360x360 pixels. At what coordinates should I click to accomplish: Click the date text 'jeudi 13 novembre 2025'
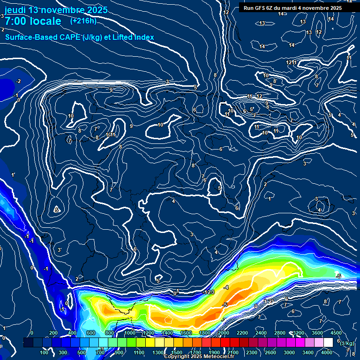point(56,10)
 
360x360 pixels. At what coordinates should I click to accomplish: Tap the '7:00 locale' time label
point(33,21)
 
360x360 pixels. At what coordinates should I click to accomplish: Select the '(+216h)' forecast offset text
point(83,21)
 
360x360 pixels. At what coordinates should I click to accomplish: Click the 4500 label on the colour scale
point(336,333)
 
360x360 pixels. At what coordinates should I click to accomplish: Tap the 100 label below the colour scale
point(45,352)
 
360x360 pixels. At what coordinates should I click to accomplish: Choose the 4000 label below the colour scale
point(327,352)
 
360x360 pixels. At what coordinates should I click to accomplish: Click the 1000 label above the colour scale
point(129,333)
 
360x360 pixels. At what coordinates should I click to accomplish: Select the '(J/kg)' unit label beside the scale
point(346,343)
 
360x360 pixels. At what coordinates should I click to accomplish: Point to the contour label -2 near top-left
point(19,81)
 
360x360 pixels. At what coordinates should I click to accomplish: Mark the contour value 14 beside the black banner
point(281,14)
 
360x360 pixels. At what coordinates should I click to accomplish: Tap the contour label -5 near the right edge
point(338,276)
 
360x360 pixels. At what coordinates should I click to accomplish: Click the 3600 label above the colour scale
point(317,333)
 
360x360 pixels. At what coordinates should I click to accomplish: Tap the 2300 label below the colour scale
point(252,352)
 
